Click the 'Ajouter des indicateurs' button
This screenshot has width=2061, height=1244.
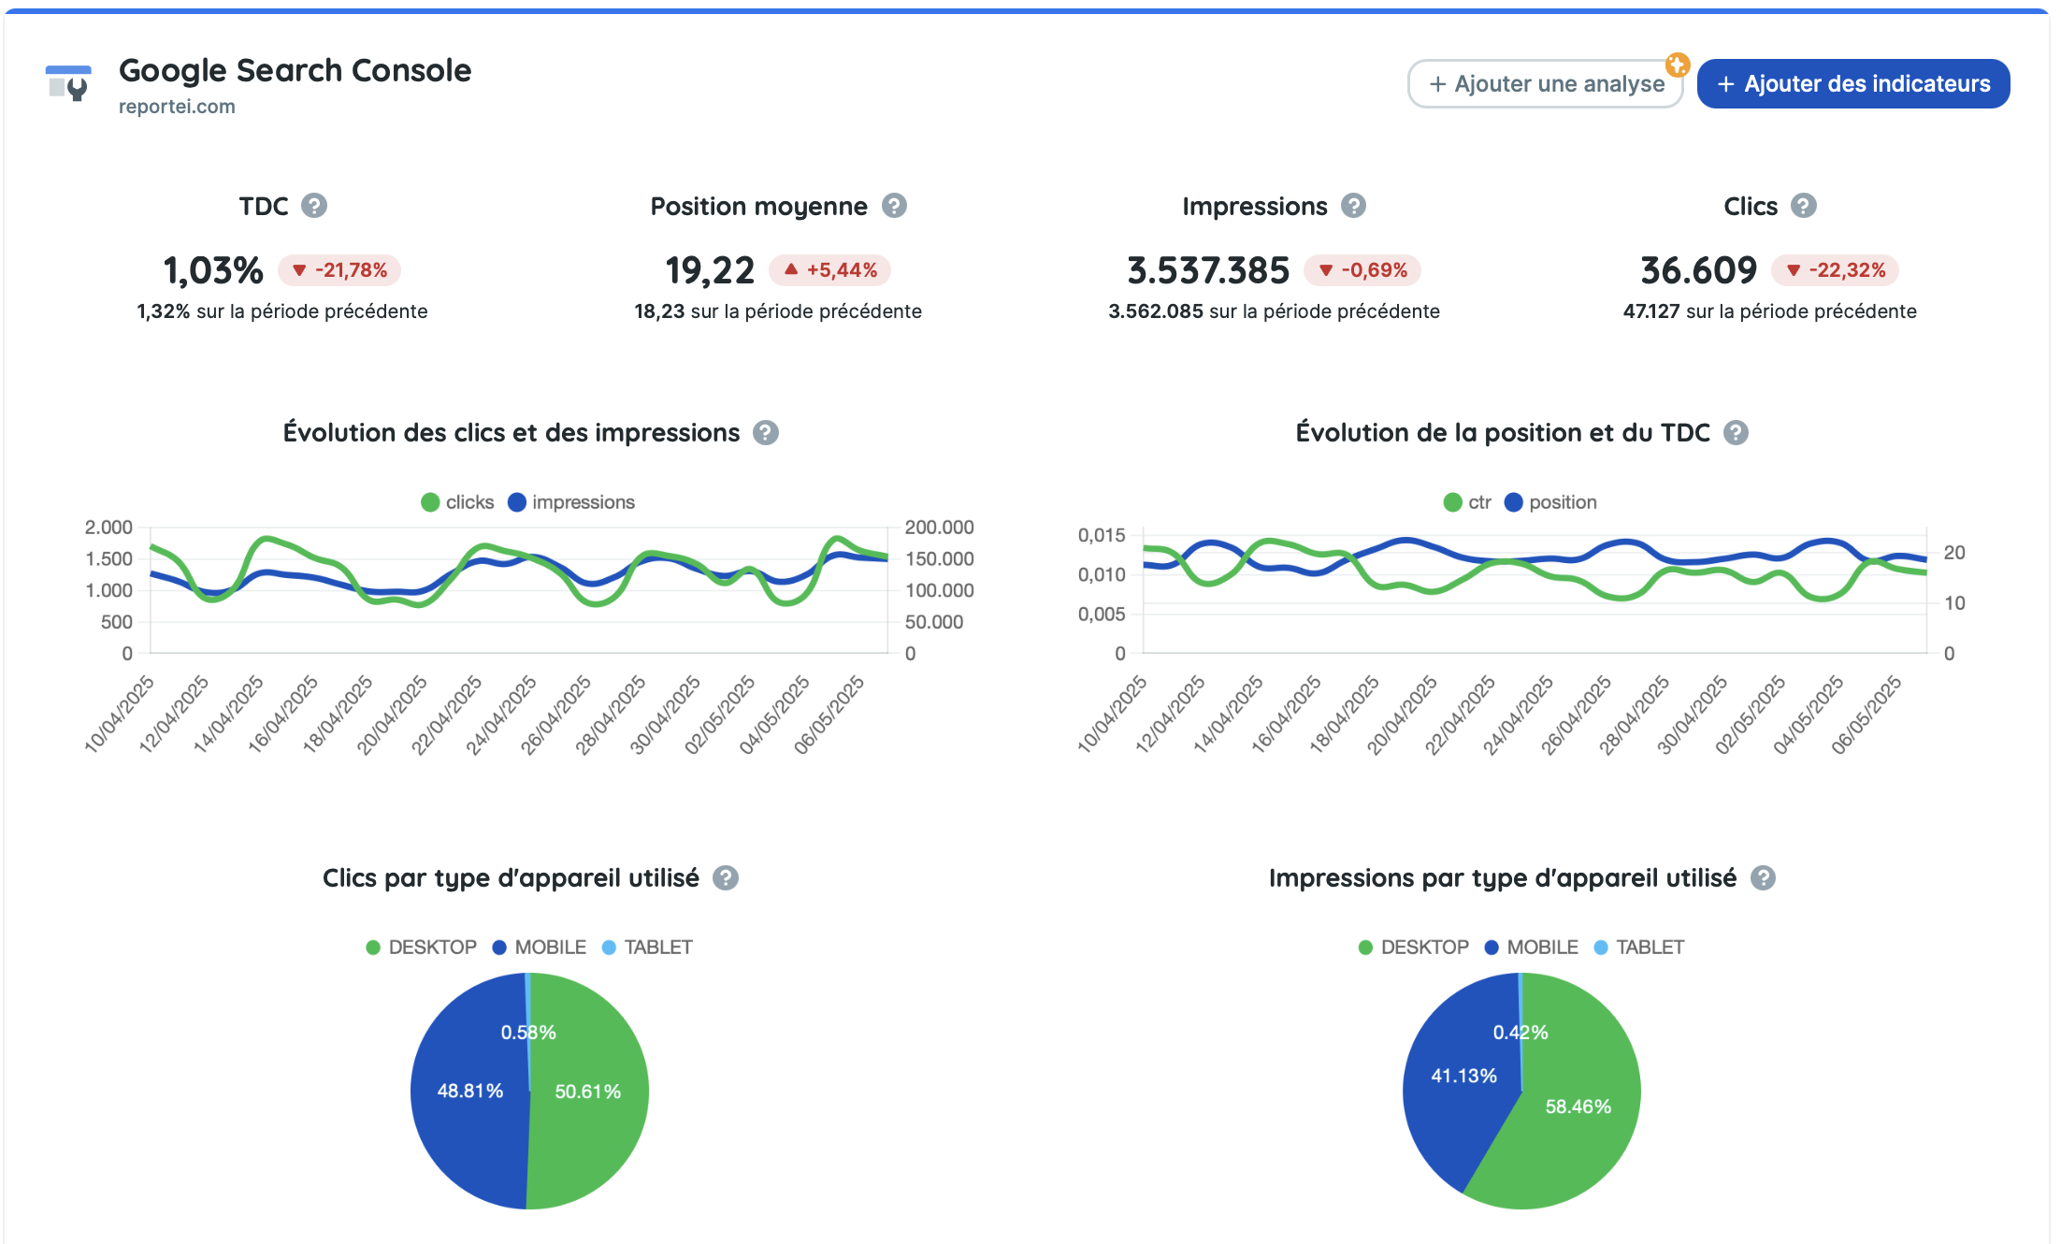(x=1852, y=84)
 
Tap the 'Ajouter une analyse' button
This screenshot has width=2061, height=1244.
(x=1546, y=84)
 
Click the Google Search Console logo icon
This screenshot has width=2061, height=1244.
(x=68, y=84)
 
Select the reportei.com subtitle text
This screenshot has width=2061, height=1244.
(x=177, y=107)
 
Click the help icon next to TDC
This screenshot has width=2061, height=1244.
(x=314, y=206)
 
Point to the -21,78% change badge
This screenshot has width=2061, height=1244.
(x=339, y=270)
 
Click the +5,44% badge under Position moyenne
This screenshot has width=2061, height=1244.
(x=829, y=270)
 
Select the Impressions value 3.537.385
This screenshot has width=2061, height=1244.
(x=1207, y=270)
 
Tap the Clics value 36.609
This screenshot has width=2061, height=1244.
(x=1698, y=270)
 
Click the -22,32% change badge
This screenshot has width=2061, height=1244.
(x=1835, y=270)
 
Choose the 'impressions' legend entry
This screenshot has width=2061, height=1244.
(x=571, y=502)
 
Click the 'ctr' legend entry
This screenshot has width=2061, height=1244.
(x=1467, y=502)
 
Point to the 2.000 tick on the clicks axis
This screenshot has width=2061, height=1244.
(x=108, y=528)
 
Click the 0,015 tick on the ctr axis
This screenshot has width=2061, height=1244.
(x=1101, y=535)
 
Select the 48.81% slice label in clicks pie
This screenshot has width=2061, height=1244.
(x=469, y=1091)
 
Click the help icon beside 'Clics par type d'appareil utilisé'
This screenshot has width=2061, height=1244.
(x=726, y=878)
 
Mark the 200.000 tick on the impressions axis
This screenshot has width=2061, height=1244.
(x=939, y=528)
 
